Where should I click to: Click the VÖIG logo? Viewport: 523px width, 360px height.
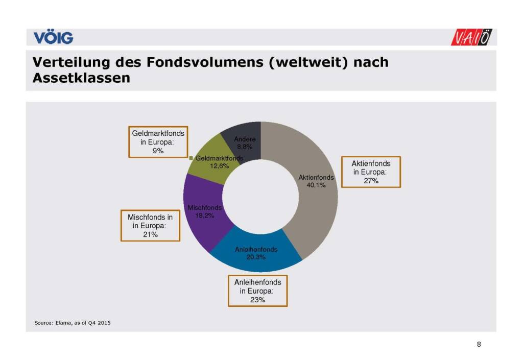click(x=53, y=37)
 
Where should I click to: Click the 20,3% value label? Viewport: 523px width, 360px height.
click(x=256, y=257)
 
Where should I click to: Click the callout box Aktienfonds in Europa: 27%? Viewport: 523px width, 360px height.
click(x=371, y=172)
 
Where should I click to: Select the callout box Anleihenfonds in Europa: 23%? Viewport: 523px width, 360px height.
click(x=257, y=291)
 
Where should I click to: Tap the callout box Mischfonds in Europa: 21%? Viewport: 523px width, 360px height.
click(x=150, y=226)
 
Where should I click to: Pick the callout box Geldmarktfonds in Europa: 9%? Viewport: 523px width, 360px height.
click(x=158, y=141)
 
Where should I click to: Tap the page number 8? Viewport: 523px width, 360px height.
click(x=479, y=344)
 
